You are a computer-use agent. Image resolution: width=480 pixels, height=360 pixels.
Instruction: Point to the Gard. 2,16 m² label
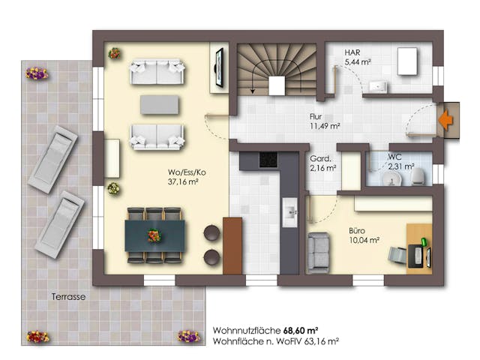point(322,163)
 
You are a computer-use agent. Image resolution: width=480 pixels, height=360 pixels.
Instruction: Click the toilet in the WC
point(417,175)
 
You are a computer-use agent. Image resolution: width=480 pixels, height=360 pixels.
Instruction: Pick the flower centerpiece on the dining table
point(154,235)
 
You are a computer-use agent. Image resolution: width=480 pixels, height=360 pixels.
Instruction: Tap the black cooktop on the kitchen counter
point(268,160)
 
